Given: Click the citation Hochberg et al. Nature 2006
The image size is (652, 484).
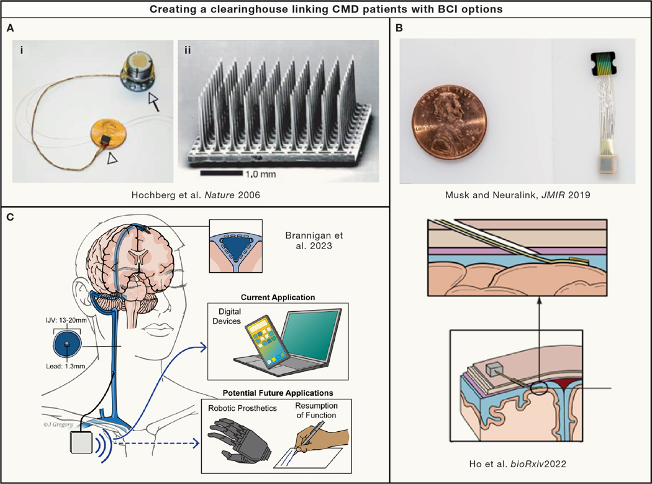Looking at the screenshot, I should click(196, 194).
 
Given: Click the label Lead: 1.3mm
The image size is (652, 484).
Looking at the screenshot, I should click(60, 368).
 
